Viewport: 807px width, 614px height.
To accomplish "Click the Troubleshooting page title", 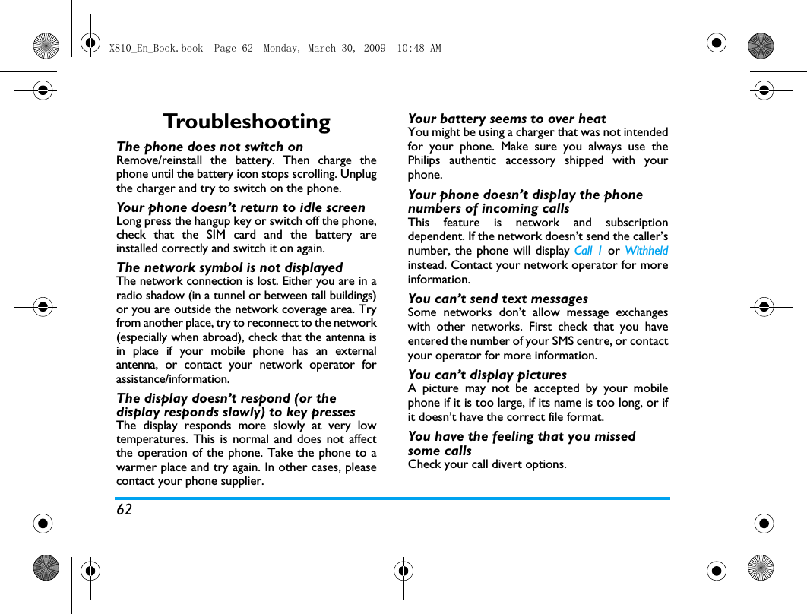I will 246,122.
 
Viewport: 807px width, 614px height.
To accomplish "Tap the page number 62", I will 125,510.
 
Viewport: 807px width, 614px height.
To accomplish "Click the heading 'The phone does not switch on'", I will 210,147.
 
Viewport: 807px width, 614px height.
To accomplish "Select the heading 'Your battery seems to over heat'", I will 507,119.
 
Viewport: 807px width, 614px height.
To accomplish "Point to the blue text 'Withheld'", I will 647,251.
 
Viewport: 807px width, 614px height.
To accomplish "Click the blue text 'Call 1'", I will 588,251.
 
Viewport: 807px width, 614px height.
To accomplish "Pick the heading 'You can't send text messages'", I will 498,299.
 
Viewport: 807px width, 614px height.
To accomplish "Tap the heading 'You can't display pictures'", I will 487,375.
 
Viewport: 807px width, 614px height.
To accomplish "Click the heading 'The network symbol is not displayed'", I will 229,267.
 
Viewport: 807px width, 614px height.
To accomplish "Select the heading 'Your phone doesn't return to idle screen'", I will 241,207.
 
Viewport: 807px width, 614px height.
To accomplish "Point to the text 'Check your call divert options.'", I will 487,464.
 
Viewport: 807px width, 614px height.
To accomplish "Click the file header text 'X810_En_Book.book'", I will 156,49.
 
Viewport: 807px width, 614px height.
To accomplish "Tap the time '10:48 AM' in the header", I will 419,49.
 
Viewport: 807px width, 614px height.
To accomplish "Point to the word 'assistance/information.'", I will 172,378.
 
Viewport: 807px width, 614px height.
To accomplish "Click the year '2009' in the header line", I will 375,49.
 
